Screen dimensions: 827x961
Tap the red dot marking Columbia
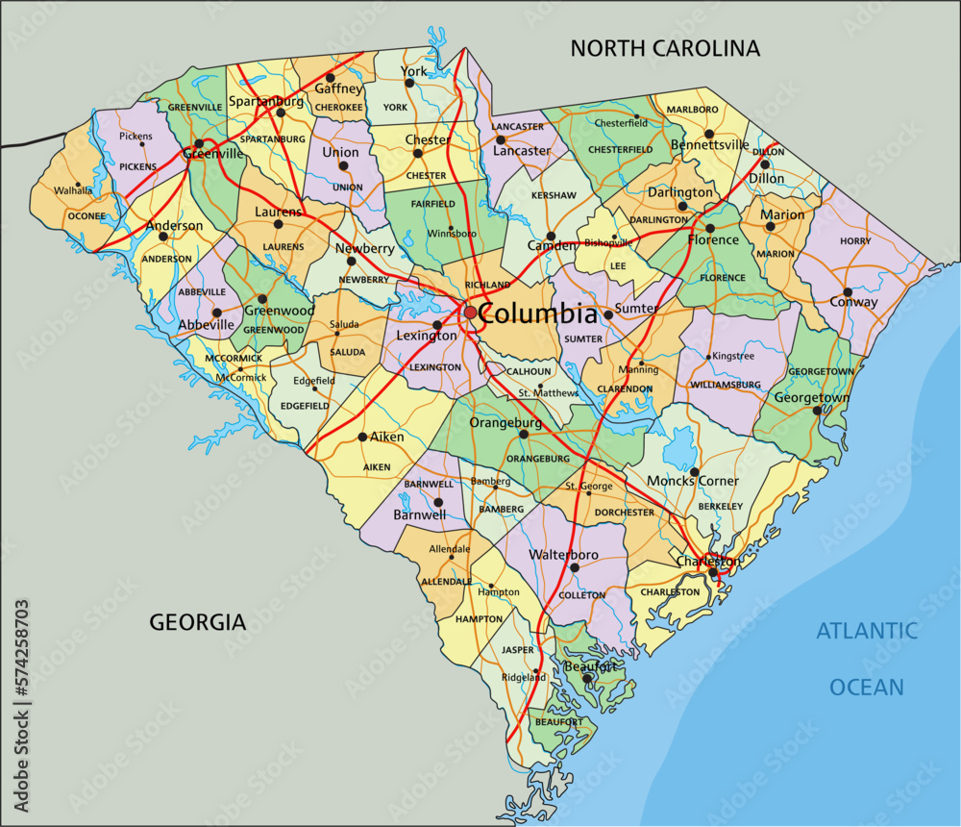click(x=470, y=313)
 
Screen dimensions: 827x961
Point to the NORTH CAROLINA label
click(x=665, y=47)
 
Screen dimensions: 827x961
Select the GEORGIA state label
click(x=197, y=622)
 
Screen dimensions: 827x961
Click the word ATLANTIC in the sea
click(x=867, y=631)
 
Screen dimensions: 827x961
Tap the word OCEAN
click(x=867, y=687)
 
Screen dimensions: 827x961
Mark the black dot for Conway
click(x=848, y=292)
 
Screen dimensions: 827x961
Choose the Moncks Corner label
click(x=693, y=481)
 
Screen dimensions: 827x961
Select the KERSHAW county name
click(x=554, y=195)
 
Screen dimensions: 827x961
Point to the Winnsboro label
click(x=452, y=234)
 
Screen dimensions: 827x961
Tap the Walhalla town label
click(x=74, y=190)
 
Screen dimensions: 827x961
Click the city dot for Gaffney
click(x=330, y=78)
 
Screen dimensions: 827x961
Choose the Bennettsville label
click(x=709, y=145)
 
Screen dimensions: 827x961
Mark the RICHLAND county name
click(x=487, y=286)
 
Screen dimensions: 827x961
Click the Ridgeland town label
click(x=524, y=677)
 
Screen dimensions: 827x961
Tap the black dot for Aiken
click(x=361, y=437)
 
